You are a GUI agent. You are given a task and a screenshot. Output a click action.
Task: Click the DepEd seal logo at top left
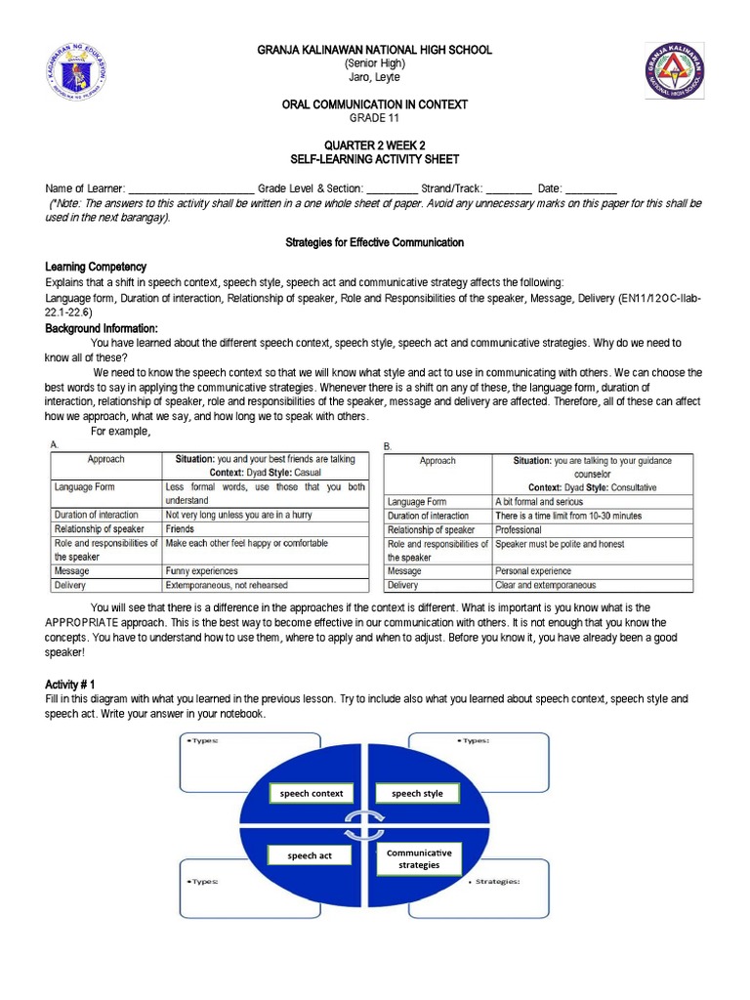(x=82, y=75)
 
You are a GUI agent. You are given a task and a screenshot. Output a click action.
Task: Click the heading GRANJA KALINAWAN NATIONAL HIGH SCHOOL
(x=374, y=50)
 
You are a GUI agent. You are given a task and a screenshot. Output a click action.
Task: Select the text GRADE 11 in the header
(x=374, y=118)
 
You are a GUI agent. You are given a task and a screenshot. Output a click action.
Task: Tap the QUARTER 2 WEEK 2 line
(x=374, y=145)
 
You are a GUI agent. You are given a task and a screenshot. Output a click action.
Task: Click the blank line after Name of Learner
(x=191, y=187)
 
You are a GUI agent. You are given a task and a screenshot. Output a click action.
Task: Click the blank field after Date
(x=591, y=187)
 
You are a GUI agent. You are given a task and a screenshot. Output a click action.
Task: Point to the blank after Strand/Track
(x=508, y=187)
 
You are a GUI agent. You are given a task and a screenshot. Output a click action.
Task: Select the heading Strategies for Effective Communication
(x=374, y=242)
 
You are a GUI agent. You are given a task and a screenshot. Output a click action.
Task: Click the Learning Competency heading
(x=96, y=267)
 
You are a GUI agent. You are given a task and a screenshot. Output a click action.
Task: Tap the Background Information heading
(x=102, y=329)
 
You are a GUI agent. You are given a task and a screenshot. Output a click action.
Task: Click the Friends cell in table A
(x=180, y=528)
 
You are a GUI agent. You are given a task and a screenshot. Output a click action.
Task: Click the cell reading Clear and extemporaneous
(x=545, y=585)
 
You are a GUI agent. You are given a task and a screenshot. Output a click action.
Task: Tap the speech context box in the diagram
(x=312, y=793)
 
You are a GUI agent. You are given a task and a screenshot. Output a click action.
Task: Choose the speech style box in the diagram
(x=417, y=793)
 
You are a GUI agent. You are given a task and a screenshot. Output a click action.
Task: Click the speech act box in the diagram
(x=310, y=855)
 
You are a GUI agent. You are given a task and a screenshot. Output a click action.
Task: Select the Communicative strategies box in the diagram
(x=419, y=858)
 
